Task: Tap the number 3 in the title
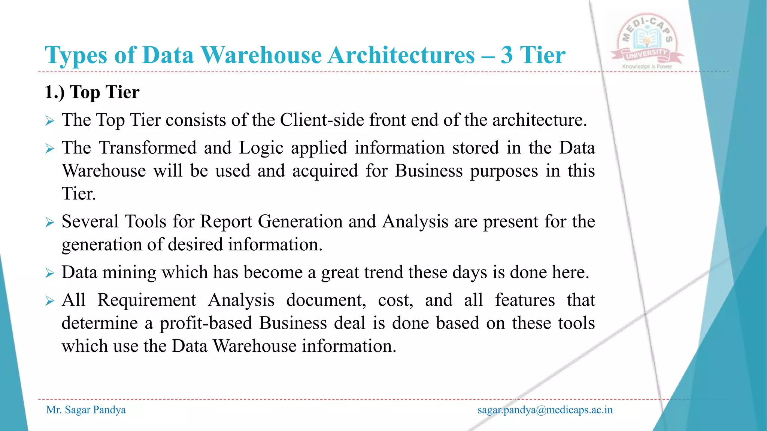(x=506, y=55)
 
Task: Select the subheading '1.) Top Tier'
(x=92, y=92)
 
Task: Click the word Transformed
(x=148, y=148)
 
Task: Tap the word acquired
(x=325, y=171)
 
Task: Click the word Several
(x=90, y=221)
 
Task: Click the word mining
(x=129, y=272)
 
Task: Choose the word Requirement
(x=146, y=300)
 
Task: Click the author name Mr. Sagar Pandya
(x=86, y=410)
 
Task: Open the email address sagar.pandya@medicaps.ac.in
(x=545, y=410)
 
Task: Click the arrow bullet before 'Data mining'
(x=50, y=273)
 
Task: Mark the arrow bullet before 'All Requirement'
(x=50, y=301)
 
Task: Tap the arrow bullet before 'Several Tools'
(x=50, y=222)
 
